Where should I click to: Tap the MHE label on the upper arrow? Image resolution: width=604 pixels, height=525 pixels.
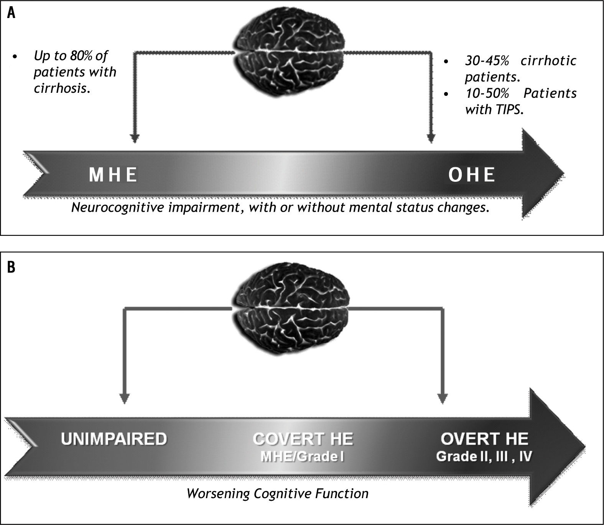(113, 175)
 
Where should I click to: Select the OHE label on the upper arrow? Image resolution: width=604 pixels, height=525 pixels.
(472, 175)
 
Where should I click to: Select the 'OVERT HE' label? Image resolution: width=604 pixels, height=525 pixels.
(484, 438)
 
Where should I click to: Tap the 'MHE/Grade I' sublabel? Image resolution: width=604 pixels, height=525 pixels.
(303, 457)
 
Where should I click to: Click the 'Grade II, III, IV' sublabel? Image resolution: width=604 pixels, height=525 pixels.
(484, 457)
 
